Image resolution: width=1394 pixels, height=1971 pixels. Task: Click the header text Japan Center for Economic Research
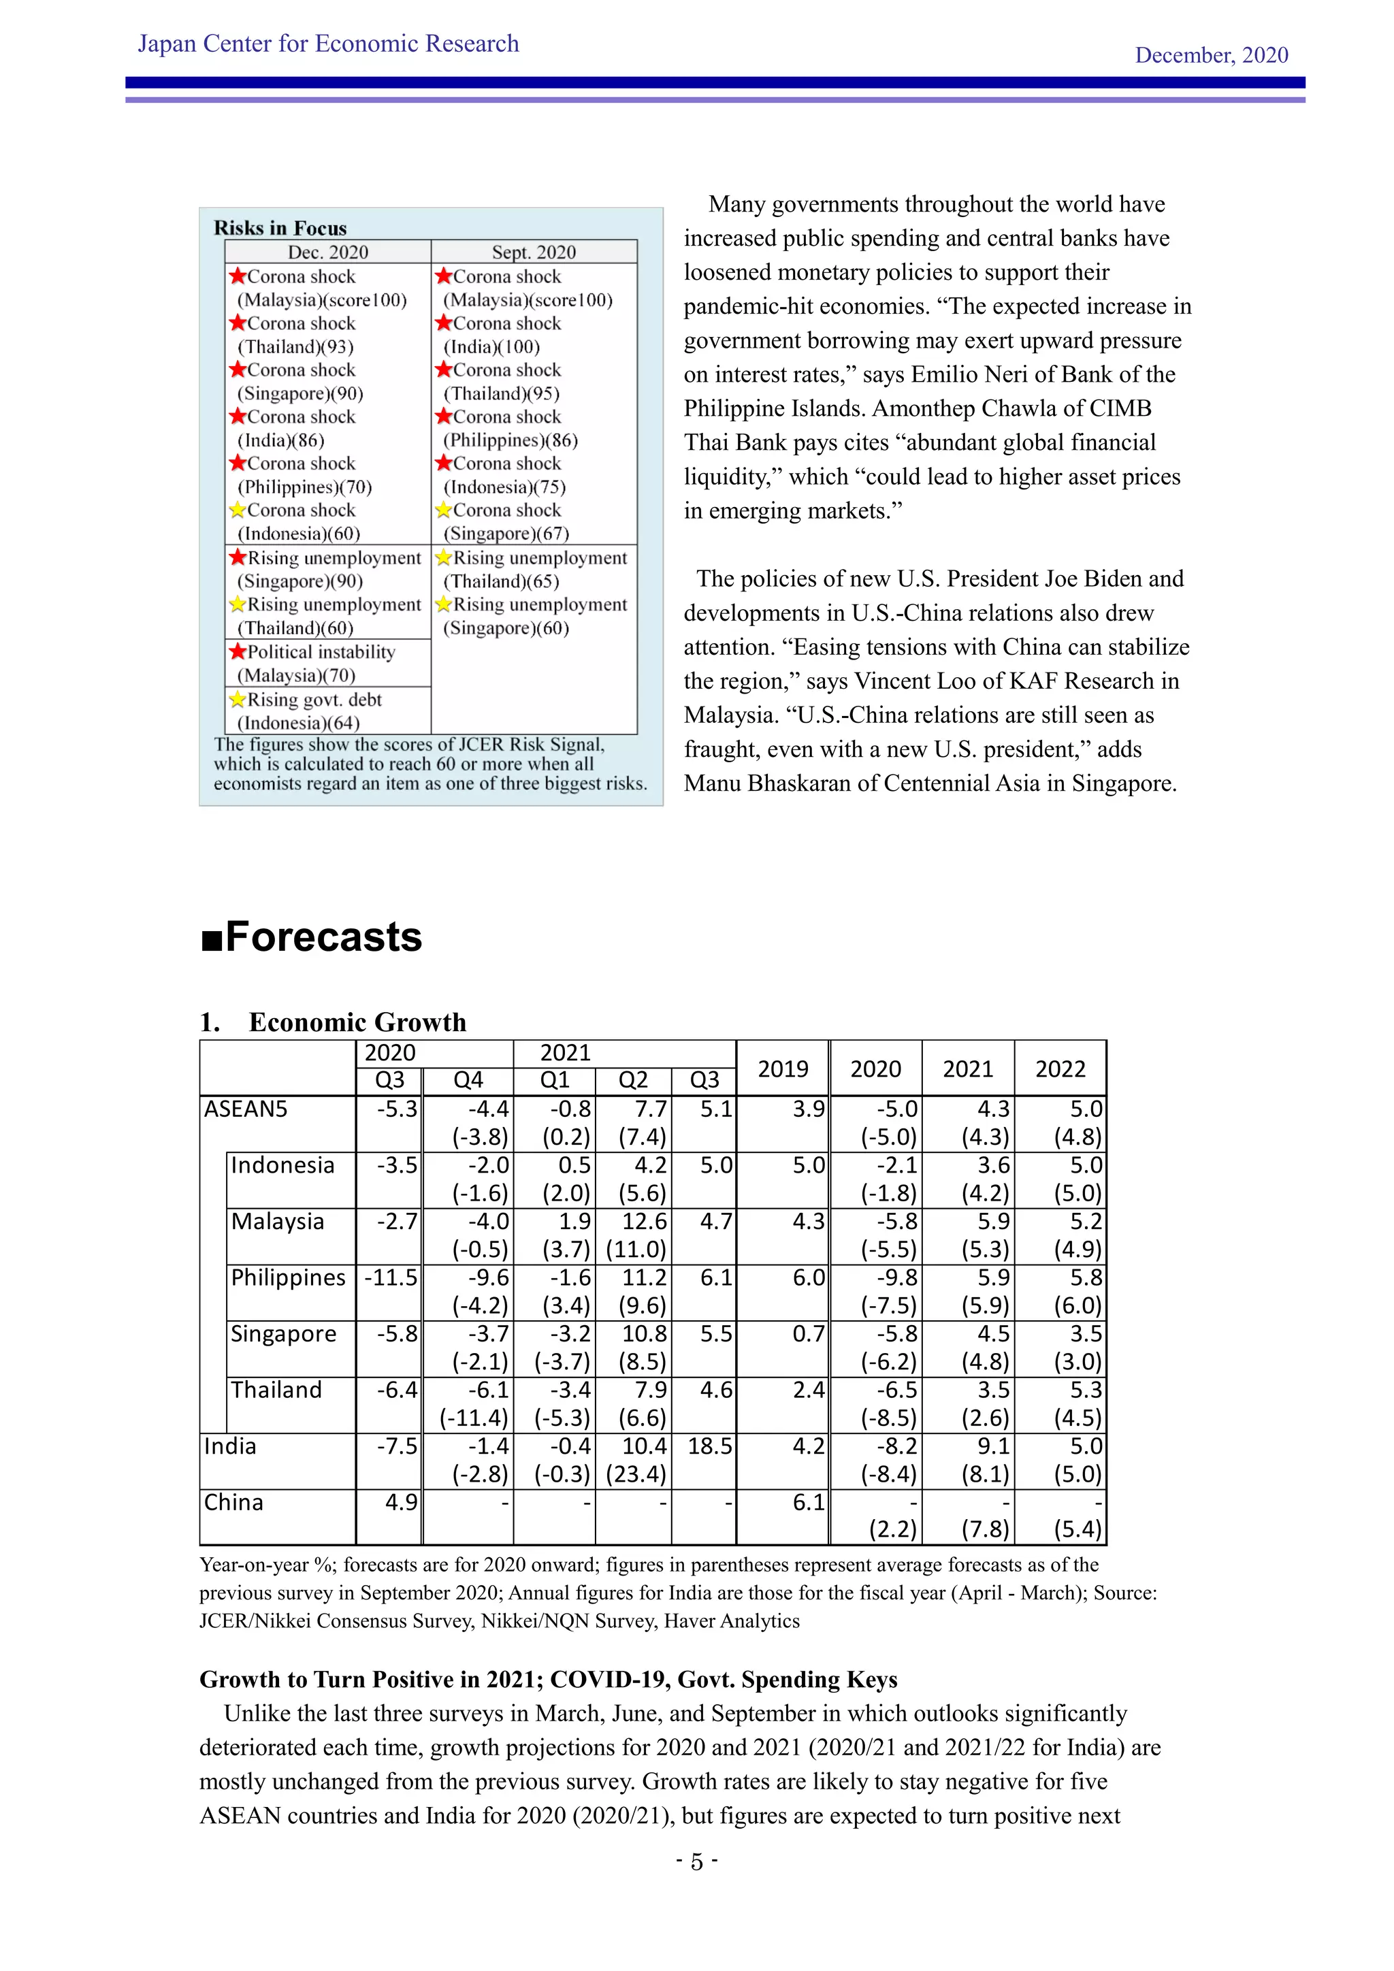point(328,44)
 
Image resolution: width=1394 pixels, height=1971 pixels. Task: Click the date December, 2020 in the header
point(1210,55)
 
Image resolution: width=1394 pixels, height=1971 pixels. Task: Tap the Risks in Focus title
point(280,227)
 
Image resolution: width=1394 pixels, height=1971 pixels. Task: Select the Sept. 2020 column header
point(533,252)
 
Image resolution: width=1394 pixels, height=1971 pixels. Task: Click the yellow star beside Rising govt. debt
point(238,699)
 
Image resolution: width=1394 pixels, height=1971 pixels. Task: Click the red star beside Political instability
point(238,651)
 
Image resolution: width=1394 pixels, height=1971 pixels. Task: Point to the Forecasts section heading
point(312,936)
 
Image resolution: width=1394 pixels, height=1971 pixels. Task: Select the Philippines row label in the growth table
point(287,1277)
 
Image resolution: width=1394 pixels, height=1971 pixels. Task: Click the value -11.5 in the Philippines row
point(391,1277)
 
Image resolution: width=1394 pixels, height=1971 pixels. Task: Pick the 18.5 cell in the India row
point(709,1446)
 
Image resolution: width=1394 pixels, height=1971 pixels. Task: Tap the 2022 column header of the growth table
point(1060,1068)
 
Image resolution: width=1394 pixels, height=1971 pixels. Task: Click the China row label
point(233,1502)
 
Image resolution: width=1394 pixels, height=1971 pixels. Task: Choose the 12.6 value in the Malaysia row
point(644,1221)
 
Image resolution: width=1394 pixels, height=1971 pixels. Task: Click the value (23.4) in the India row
point(636,1474)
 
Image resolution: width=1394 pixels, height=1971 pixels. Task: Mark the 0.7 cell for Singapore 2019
point(808,1333)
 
